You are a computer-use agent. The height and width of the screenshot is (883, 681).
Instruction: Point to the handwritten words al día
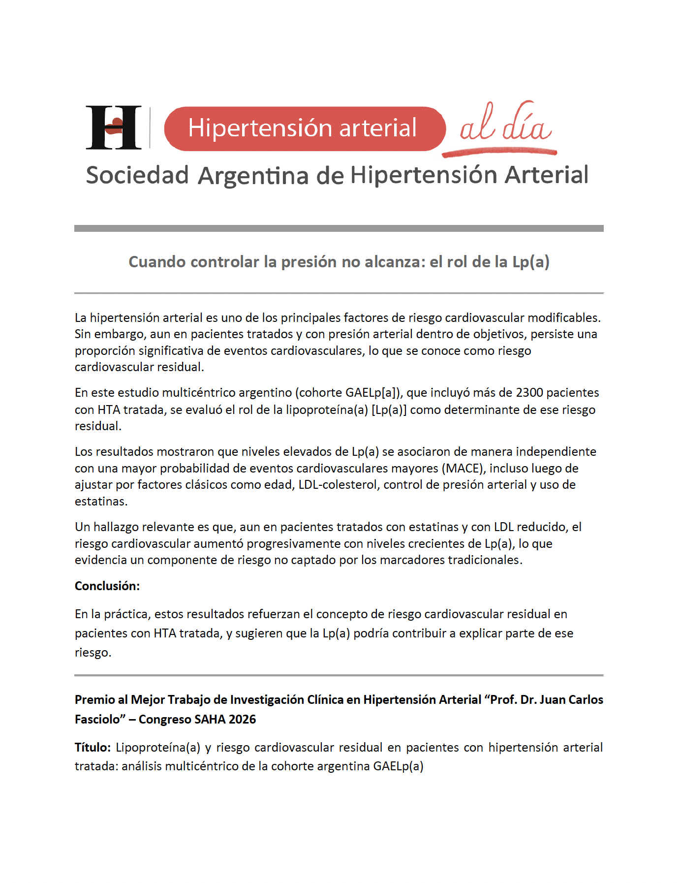505,124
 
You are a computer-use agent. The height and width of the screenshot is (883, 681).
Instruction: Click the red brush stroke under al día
499,153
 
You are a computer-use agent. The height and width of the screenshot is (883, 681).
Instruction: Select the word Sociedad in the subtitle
137,175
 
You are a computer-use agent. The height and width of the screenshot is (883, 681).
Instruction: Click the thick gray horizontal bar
339,228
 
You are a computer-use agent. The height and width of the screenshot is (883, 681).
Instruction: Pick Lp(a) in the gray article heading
530,262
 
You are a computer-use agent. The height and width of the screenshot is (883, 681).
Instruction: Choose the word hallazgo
116,527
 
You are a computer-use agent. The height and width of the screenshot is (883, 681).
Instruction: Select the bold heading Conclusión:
107,586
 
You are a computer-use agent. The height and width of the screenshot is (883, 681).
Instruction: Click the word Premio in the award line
94,700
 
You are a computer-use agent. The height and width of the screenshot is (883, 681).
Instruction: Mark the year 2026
242,720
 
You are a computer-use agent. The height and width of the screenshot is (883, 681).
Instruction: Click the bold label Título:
93,748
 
